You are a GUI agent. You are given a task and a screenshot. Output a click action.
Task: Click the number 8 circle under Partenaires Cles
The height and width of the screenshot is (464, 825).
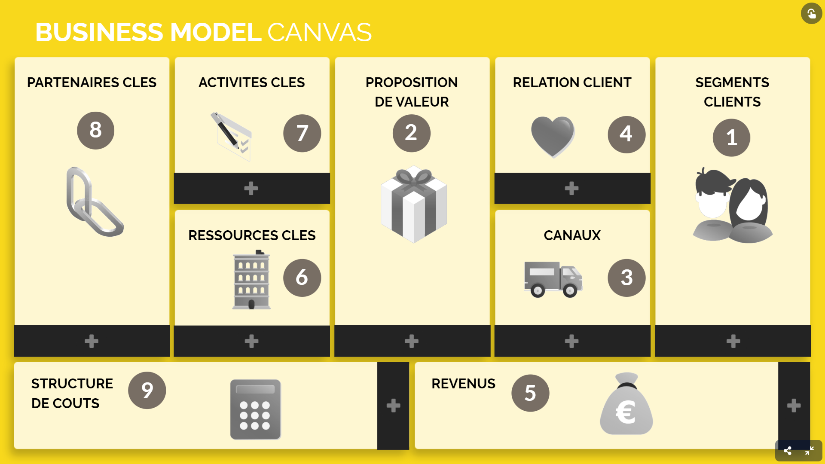tap(95, 130)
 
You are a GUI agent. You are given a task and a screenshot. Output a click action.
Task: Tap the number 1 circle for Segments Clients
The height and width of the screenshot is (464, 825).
tap(731, 137)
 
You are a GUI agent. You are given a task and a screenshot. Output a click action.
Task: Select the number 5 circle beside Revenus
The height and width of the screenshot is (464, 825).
tap(530, 393)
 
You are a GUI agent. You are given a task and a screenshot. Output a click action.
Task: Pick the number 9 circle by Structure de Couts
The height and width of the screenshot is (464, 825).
tap(147, 390)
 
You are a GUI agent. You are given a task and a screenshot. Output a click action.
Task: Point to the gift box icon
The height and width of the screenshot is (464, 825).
tap(413, 205)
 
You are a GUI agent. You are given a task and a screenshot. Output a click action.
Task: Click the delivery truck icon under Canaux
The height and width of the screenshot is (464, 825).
tap(553, 279)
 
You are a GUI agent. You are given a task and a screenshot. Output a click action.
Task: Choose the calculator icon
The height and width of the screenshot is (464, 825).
tap(255, 409)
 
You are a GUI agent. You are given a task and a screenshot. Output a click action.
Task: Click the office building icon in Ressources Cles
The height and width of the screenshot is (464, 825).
tap(251, 280)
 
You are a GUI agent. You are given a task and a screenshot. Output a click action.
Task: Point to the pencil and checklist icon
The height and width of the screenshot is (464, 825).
tap(231, 136)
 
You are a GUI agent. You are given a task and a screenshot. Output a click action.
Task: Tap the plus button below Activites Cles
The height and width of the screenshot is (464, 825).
tap(251, 188)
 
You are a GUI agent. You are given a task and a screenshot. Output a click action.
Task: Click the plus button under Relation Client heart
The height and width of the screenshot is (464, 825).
tap(571, 188)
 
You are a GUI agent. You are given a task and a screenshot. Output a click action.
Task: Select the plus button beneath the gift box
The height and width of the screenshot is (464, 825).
tap(412, 341)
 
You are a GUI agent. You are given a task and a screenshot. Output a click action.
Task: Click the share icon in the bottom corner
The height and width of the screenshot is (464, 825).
tap(788, 451)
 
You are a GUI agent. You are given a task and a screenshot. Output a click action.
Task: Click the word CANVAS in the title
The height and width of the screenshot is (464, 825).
tap(319, 32)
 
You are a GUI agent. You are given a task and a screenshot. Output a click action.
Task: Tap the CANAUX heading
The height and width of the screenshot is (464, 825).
tap(572, 235)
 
